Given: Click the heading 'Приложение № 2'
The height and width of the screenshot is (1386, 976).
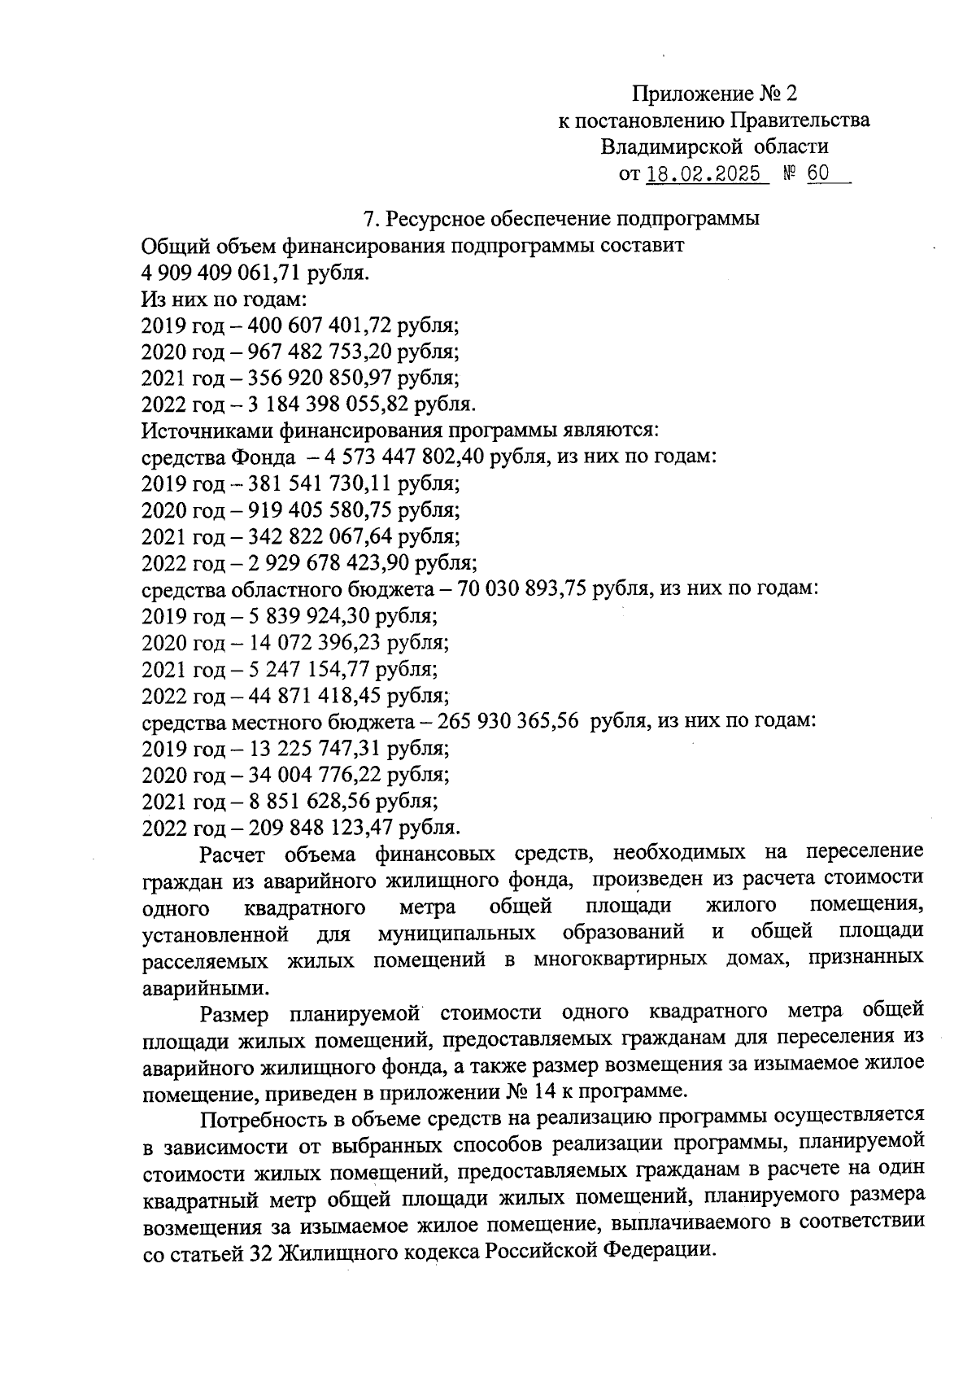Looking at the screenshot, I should coord(713,94).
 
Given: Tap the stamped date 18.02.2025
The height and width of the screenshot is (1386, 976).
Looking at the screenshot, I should coord(704,174).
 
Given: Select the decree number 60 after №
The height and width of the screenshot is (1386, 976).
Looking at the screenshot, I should coord(818,174).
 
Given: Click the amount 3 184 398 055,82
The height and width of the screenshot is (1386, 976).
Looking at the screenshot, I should coord(323,404).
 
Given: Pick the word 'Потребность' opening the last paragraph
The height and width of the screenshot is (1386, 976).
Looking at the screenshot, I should coord(259,1117).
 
